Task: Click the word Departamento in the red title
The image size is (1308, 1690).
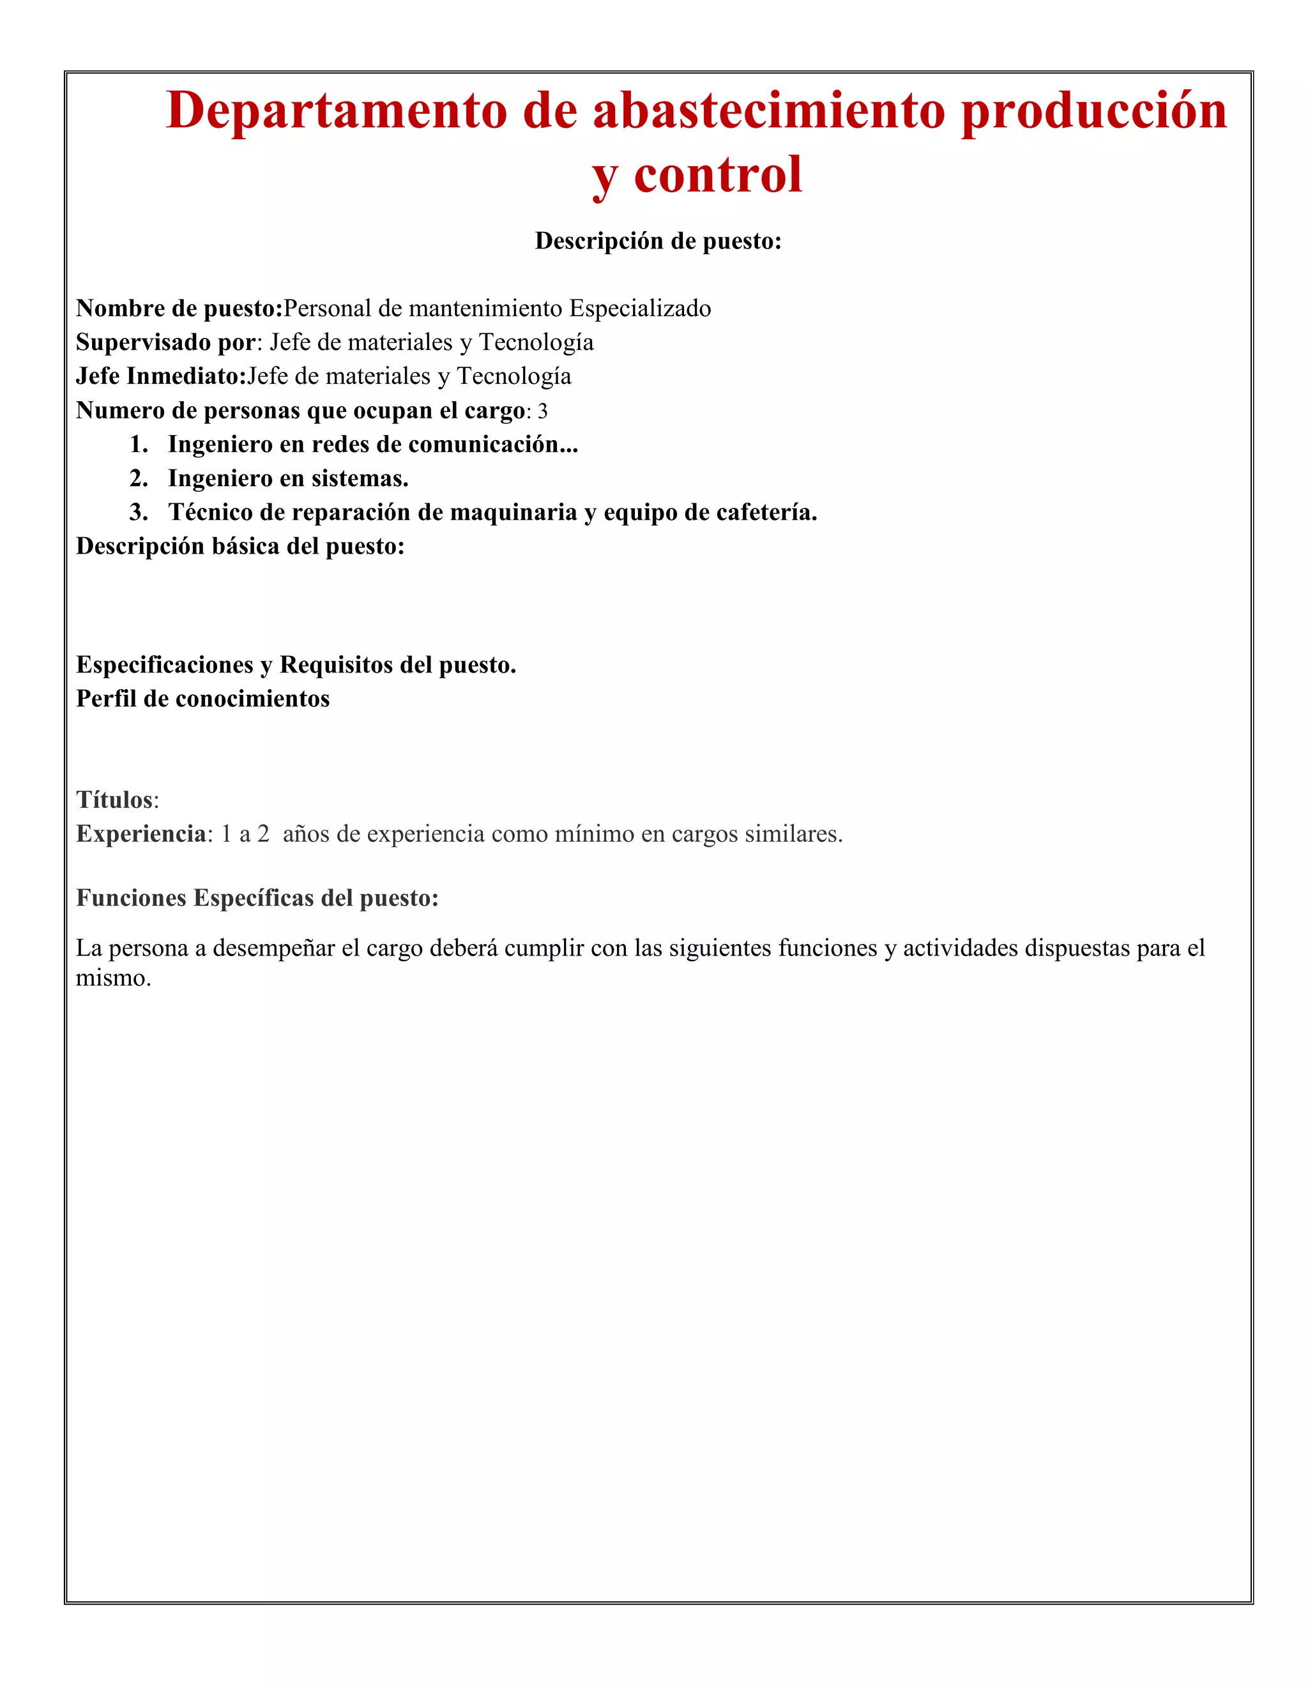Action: (x=337, y=110)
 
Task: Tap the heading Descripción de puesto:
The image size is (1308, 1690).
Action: (x=658, y=241)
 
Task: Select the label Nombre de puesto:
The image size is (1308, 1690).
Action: (x=179, y=308)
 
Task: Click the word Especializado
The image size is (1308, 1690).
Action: (x=640, y=308)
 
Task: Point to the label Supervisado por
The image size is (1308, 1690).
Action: (x=165, y=342)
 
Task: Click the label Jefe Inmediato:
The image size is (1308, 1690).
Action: (x=161, y=376)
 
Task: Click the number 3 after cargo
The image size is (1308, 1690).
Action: (x=542, y=411)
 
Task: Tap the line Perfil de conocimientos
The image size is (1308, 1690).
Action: (x=203, y=699)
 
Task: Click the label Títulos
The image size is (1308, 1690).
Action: (x=114, y=800)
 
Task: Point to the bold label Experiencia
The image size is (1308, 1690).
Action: (x=141, y=834)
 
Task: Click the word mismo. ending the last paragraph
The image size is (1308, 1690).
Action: (x=113, y=978)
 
